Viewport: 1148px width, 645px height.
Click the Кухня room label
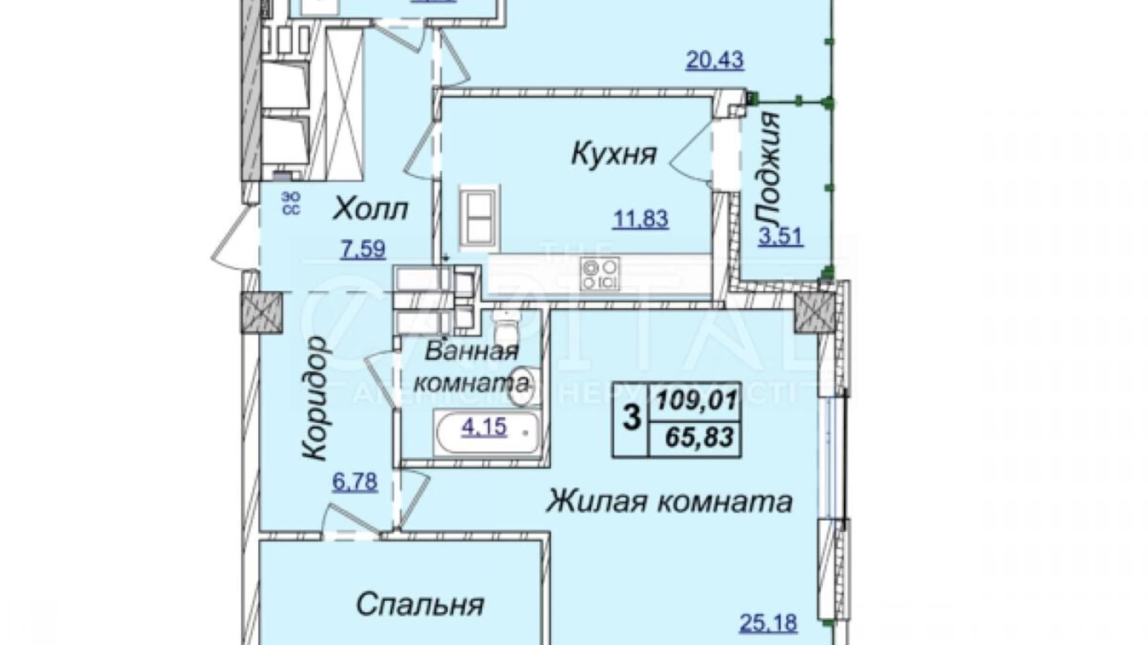[x=613, y=154]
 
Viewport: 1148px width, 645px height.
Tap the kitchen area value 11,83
[x=641, y=219]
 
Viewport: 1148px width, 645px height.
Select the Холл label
[x=370, y=210]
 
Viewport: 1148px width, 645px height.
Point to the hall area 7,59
[x=362, y=249]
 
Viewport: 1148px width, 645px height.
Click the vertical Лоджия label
[x=769, y=169]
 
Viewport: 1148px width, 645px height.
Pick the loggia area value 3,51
[x=781, y=237]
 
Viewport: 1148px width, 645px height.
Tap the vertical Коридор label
[x=314, y=398]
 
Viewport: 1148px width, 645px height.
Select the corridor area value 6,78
[x=354, y=482]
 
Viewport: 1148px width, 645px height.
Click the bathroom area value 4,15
[x=483, y=426]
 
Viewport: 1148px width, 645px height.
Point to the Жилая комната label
[x=669, y=502]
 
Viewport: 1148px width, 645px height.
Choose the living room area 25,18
[x=768, y=622]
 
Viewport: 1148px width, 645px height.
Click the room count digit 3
[x=631, y=419]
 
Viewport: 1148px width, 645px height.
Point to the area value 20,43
[x=714, y=61]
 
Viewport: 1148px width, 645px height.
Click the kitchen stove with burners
[x=599, y=275]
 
